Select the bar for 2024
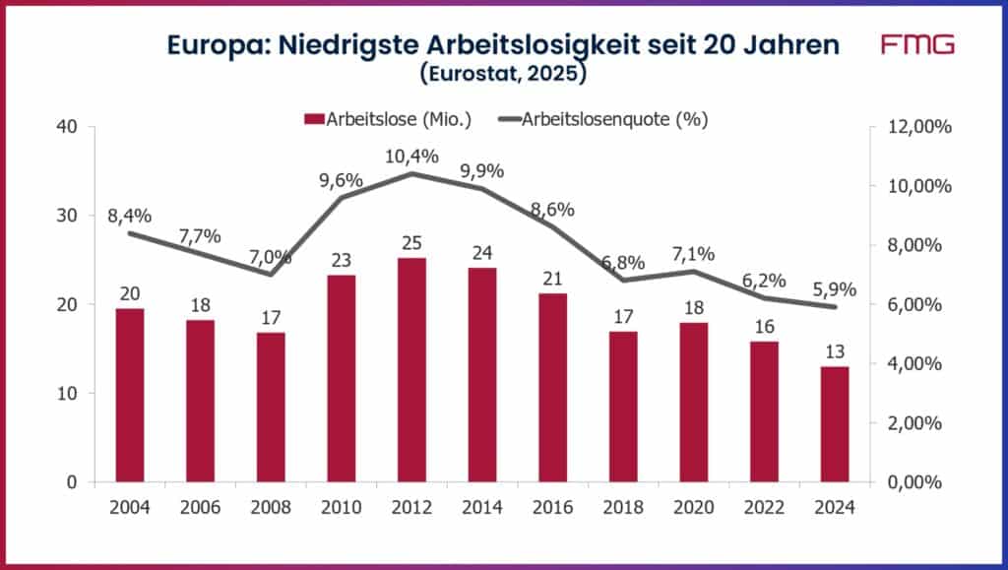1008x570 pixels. coord(834,424)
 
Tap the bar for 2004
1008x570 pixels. coord(129,395)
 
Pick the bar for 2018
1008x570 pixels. coord(623,407)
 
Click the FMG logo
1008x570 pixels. coord(916,45)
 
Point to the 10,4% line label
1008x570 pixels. coord(412,157)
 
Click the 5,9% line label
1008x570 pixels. coord(834,289)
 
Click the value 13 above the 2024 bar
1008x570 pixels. coord(834,350)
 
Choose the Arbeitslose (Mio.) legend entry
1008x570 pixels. coord(389,119)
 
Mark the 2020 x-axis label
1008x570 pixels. coord(692,508)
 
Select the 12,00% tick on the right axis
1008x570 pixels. coord(915,126)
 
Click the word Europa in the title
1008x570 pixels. coord(214,45)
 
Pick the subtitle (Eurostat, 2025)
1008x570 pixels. coord(503,73)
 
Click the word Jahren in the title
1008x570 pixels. coord(794,45)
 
